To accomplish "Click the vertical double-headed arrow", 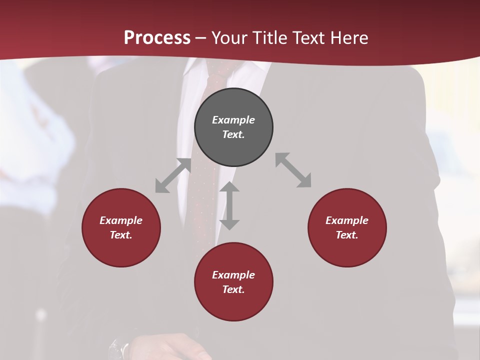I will coord(229,205).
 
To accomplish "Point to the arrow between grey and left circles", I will coord(173,175).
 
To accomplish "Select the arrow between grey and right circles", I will coord(293,170).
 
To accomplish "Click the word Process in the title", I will coord(157,37).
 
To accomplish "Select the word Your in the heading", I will coord(230,37).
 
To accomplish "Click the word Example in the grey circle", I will coord(233,120).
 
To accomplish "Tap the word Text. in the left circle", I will coord(121,235).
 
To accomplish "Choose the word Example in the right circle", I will coord(347,220).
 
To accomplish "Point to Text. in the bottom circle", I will coord(233,289).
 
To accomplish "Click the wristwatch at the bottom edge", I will coord(119,349).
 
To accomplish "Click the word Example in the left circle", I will coord(121,220).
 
